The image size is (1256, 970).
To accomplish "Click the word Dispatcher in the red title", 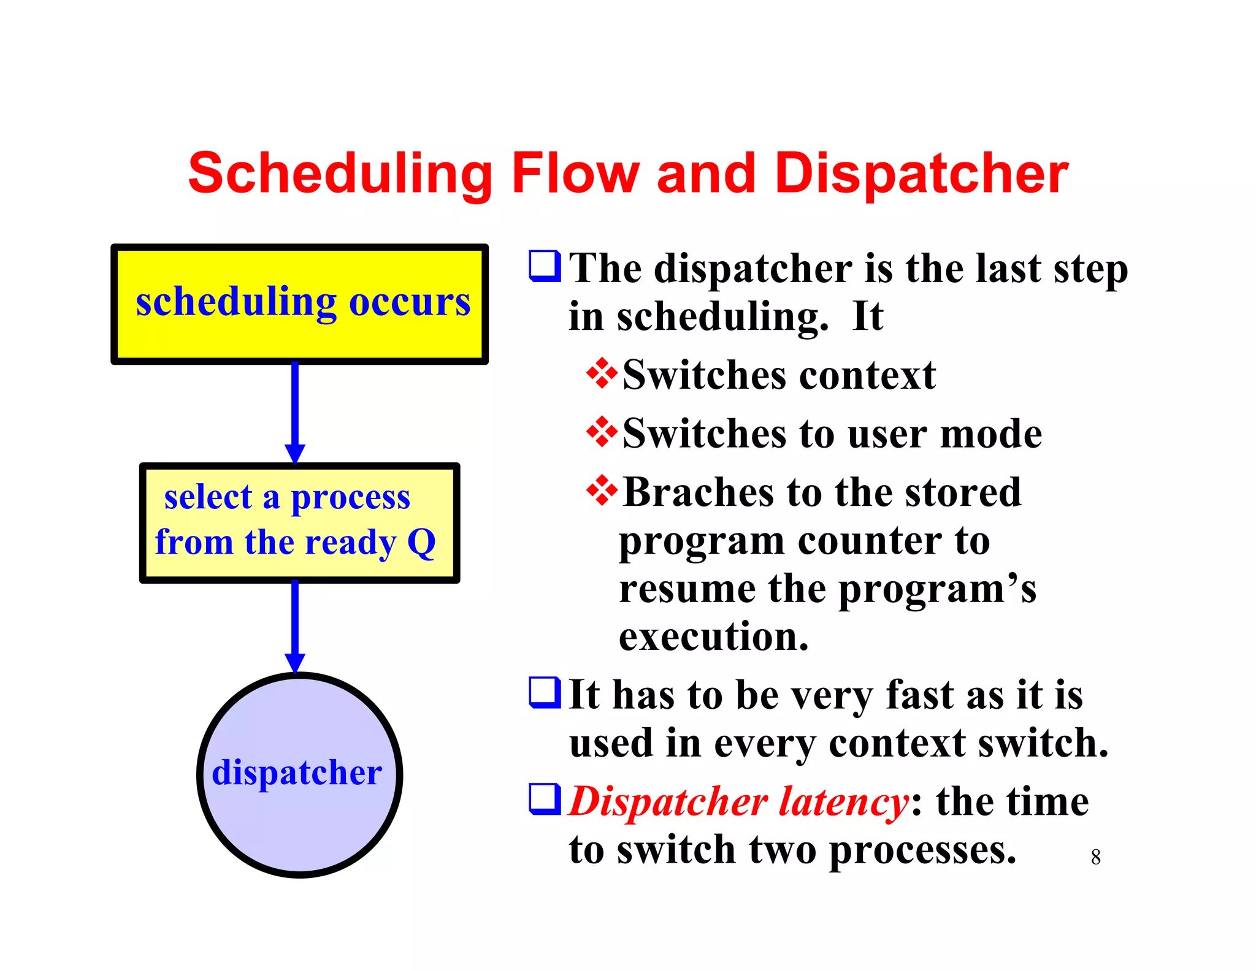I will click(921, 175).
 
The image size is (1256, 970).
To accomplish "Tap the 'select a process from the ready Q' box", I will click(299, 523).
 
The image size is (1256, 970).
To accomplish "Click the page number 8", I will click(1095, 857).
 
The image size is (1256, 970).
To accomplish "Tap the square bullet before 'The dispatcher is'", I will click(544, 266).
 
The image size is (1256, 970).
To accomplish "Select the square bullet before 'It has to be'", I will click(544, 692).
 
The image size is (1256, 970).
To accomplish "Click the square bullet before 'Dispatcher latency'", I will click(544, 799).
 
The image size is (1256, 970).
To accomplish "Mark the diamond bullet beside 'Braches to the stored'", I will click(602, 490).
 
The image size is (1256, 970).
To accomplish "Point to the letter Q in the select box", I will click(421, 543).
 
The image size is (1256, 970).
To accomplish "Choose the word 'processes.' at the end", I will click(922, 851).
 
